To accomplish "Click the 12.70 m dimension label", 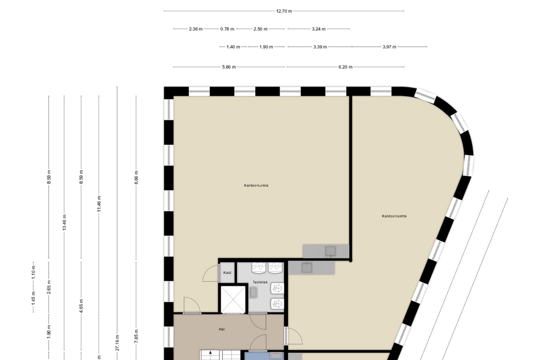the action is (283, 11).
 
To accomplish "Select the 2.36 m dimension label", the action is (196, 29).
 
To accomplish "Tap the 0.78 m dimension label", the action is (227, 29).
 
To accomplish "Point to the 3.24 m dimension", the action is (318, 29).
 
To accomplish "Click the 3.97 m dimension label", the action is (389, 47).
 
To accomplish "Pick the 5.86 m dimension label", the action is (229, 67).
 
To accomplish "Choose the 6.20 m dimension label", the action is (345, 67).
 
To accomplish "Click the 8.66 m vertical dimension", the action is (136, 177).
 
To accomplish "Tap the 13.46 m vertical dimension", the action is (64, 223).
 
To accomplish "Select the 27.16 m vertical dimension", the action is (118, 343).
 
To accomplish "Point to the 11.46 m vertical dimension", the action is (99, 204).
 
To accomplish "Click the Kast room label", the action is (227, 273).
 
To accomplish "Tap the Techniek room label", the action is (260, 282).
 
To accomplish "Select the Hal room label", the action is (222, 329).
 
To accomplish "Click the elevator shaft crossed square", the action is (233, 299).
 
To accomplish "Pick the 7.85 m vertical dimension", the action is (136, 336).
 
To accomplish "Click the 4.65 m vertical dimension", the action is (81, 306).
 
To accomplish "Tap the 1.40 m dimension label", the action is (233, 47).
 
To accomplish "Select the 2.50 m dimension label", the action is (260, 29).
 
